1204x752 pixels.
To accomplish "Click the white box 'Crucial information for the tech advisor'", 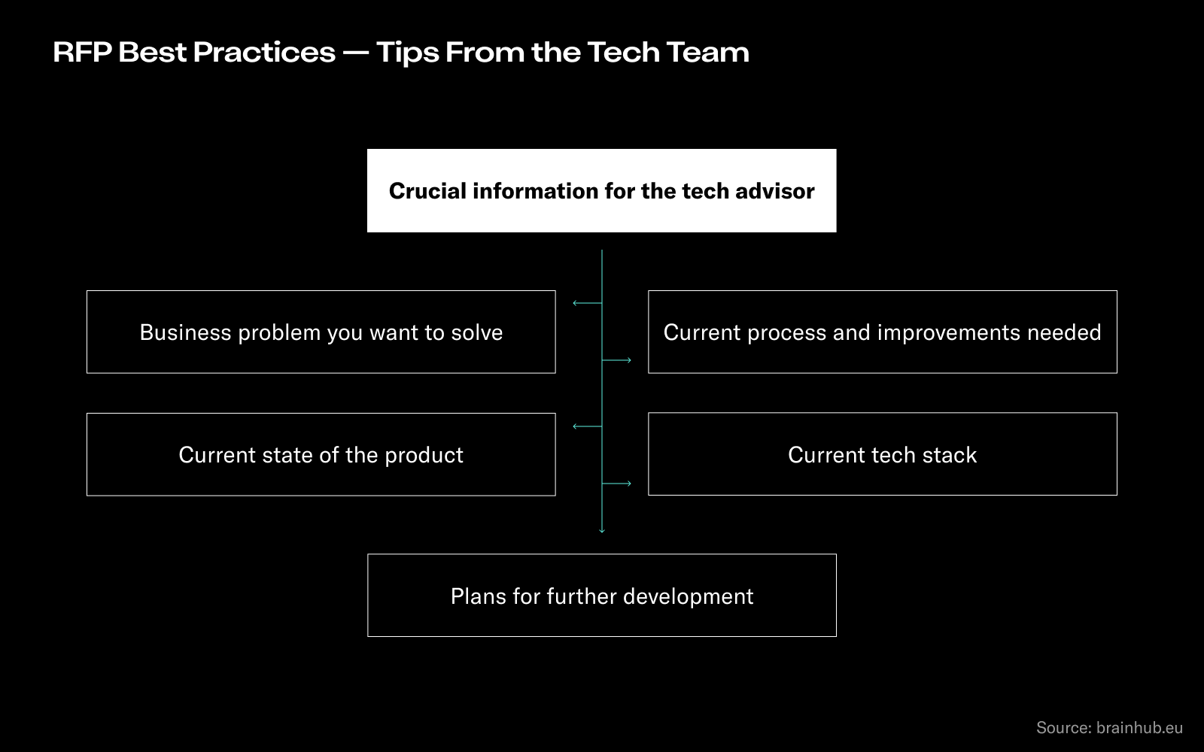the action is [x=601, y=191].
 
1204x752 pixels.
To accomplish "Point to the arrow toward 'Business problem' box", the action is [x=588, y=304].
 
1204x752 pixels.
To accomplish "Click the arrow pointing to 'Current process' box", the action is [x=616, y=360].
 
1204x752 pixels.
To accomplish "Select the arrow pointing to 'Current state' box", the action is [x=588, y=426].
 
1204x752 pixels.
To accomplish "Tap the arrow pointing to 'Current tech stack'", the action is [x=616, y=484].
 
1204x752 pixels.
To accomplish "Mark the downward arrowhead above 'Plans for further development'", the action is [x=602, y=531].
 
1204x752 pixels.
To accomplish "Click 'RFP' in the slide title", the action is [x=82, y=53].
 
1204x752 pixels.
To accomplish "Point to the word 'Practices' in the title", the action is [x=264, y=53].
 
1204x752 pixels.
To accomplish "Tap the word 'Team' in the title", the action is [x=708, y=53].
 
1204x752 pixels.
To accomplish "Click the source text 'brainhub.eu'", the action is [x=1139, y=727].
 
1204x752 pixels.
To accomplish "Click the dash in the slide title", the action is [x=356, y=53].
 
